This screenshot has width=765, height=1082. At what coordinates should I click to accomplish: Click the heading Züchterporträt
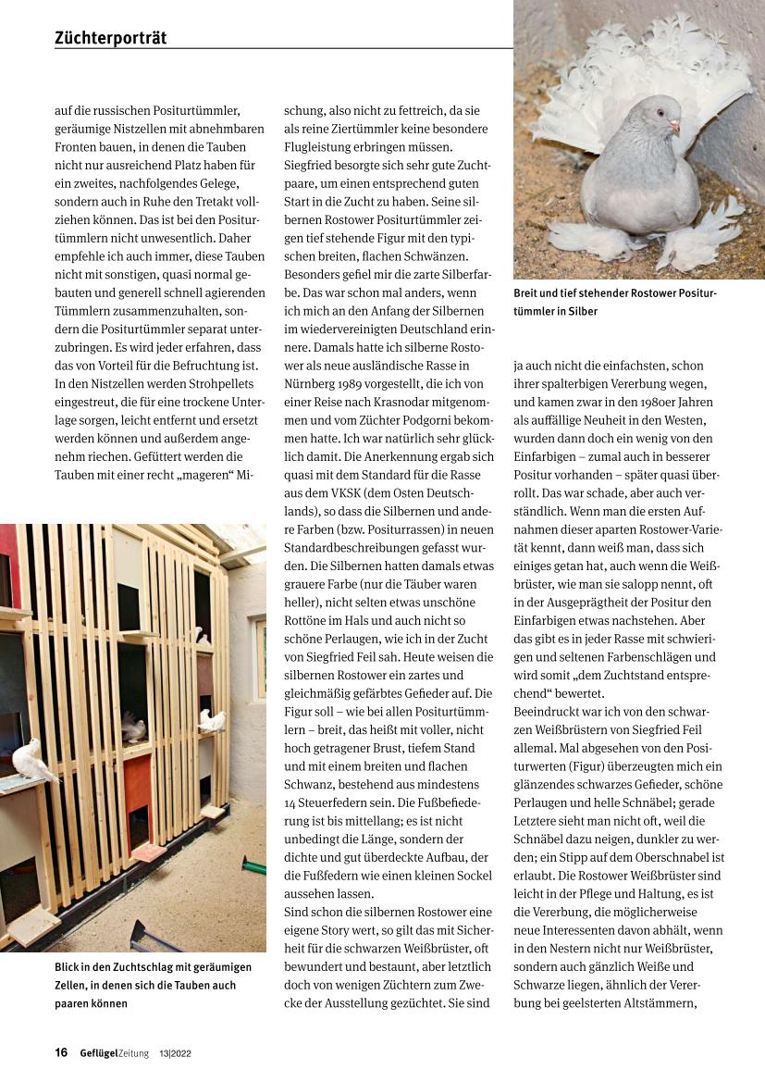point(110,38)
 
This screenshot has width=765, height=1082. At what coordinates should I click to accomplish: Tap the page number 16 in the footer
point(61,1052)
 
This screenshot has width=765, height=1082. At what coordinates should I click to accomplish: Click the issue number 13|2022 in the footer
point(176,1053)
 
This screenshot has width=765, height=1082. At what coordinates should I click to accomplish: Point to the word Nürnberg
point(311,382)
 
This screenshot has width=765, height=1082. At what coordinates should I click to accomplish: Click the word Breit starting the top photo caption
point(528,293)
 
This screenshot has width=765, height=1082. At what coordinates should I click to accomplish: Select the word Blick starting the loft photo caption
point(70,967)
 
